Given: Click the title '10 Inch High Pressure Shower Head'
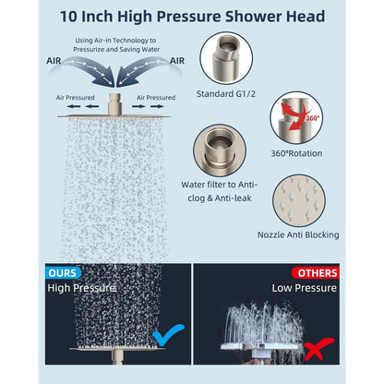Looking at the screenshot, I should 192,16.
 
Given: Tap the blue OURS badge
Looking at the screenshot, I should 62,273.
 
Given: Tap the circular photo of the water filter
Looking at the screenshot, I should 220,147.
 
